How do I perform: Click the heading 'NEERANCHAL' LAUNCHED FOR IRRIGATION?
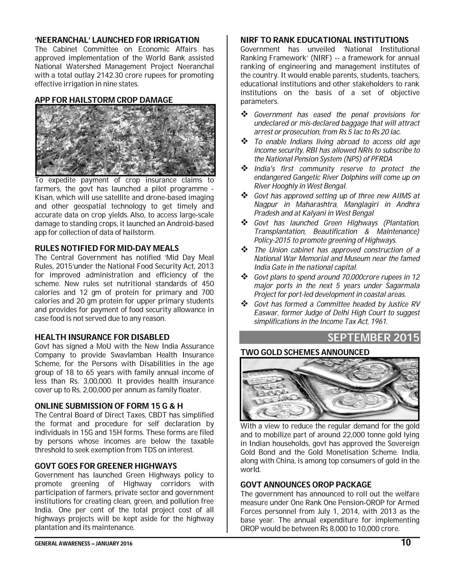pyautogui.click(x=117, y=40)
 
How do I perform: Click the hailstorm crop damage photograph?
pyautogui.click(x=125, y=140)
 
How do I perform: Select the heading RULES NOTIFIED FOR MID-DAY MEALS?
pyautogui.click(x=107, y=248)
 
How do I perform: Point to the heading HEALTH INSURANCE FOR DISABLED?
pyautogui.click(x=102, y=337)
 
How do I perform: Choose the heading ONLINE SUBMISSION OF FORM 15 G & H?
pyautogui.click(x=109, y=406)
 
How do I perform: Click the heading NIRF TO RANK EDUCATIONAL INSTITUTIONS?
pyautogui.click(x=324, y=40)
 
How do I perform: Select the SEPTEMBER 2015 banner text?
pyautogui.click(x=373, y=338)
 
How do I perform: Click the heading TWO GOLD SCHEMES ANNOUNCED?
pyautogui.click(x=305, y=352)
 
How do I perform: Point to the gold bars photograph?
pyautogui.click(x=330, y=389)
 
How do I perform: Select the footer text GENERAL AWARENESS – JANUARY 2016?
pyautogui.click(x=83, y=544)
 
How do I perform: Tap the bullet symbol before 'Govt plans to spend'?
pyautogui.click(x=244, y=277)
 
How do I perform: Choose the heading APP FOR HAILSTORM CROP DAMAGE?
pyautogui.click(x=104, y=100)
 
